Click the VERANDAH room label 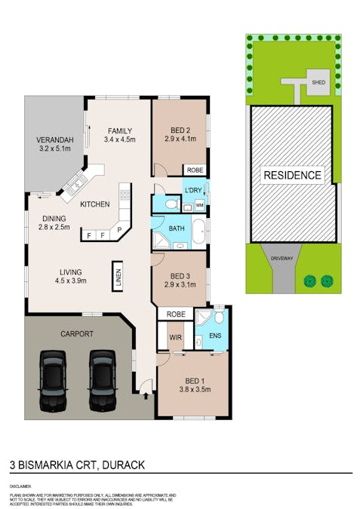click(55, 144)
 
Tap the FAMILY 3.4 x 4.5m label click(120, 133)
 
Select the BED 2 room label click(180, 133)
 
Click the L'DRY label click(194, 191)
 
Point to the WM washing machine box click(200, 204)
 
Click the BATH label click(177, 228)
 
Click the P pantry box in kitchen click(118, 228)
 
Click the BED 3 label click(180, 280)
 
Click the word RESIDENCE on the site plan click(292, 176)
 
